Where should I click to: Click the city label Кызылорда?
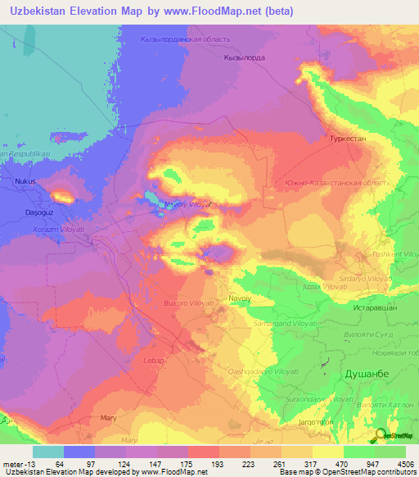242,58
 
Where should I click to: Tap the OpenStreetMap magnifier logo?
382,436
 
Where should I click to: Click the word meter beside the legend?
14,463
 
